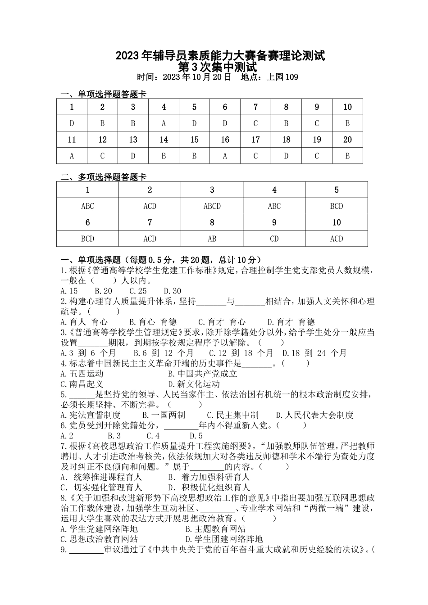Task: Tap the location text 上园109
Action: (x=282, y=77)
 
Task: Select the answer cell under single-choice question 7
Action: (x=255, y=123)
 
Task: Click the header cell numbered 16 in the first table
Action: (x=225, y=140)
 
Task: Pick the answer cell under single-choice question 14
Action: (x=164, y=156)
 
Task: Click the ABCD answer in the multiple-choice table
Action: (x=212, y=206)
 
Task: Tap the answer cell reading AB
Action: (x=212, y=239)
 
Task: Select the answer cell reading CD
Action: (x=274, y=239)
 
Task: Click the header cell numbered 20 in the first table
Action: (x=347, y=140)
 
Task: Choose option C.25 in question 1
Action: (x=138, y=291)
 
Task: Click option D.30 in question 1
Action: (x=172, y=291)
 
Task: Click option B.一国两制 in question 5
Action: (x=164, y=415)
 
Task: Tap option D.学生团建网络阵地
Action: (x=224, y=539)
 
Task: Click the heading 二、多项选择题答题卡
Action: (x=104, y=177)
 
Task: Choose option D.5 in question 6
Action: (x=196, y=436)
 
